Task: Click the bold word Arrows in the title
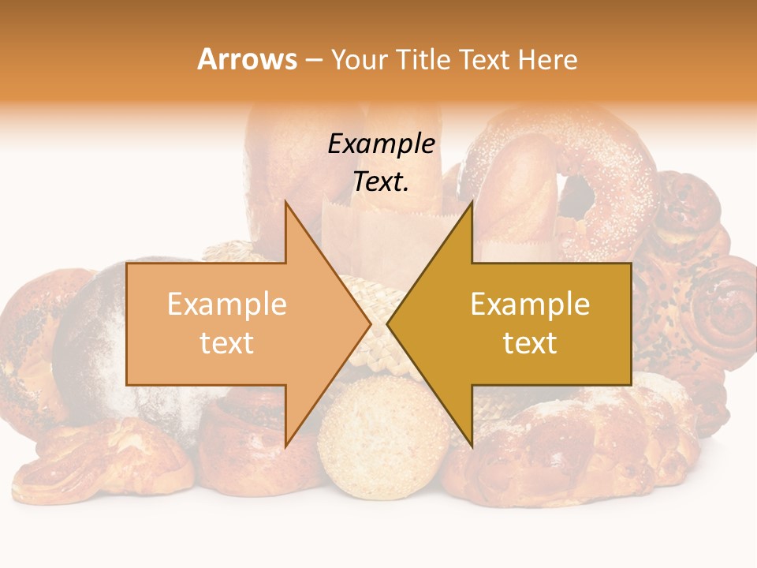coord(248,59)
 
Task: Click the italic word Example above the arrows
coord(382,144)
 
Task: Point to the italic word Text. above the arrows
coord(382,182)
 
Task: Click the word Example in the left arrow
coord(227,305)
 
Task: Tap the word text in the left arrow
coord(227,343)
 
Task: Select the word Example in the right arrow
coord(530,305)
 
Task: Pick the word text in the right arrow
coord(530,343)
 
